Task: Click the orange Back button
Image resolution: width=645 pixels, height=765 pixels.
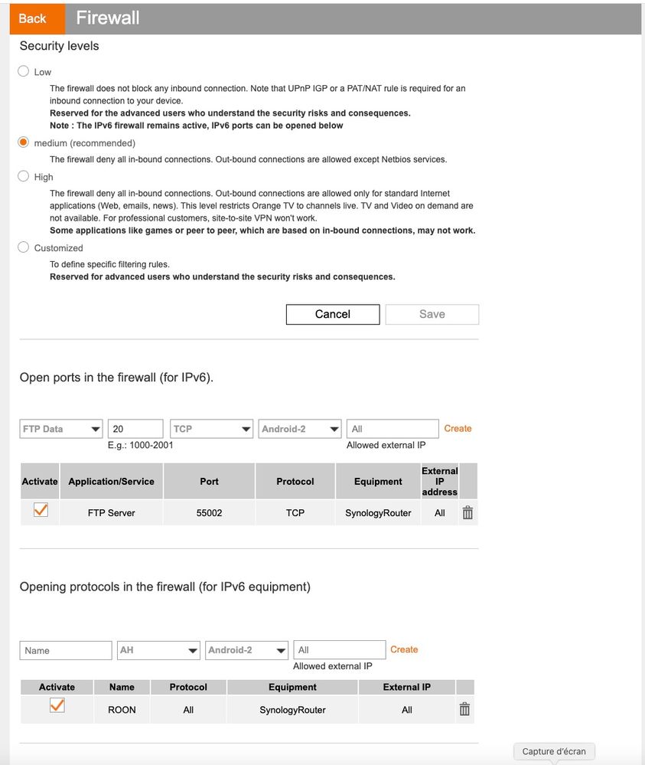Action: point(32,18)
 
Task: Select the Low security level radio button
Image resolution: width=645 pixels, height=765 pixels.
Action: point(24,71)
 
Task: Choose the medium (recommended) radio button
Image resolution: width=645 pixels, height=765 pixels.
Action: point(24,142)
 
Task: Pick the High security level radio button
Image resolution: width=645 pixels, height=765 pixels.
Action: point(24,176)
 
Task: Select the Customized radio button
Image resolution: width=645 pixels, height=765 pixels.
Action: point(24,247)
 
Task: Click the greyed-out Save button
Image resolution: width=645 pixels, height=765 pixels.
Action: point(432,314)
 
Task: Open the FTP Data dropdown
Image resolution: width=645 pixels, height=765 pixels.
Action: point(61,429)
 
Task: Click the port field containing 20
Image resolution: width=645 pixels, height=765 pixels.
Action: point(135,429)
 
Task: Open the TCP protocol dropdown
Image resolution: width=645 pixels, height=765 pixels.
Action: point(211,429)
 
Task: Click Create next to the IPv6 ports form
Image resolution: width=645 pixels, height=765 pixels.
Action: point(458,429)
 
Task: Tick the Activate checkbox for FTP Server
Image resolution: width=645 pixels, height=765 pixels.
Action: point(41,510)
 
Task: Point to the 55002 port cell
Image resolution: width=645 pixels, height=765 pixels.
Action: point(209,513)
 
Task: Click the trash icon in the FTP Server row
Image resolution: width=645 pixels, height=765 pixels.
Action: point(467,513)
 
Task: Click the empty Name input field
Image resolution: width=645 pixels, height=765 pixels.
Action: point(66,650)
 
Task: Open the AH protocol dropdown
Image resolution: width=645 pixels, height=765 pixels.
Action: point(159,650)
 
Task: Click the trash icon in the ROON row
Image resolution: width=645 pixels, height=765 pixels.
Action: point(464,709)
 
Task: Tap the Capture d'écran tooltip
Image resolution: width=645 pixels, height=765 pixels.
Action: point(554,751)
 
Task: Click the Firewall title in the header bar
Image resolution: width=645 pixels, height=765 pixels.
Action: point(108,18)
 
